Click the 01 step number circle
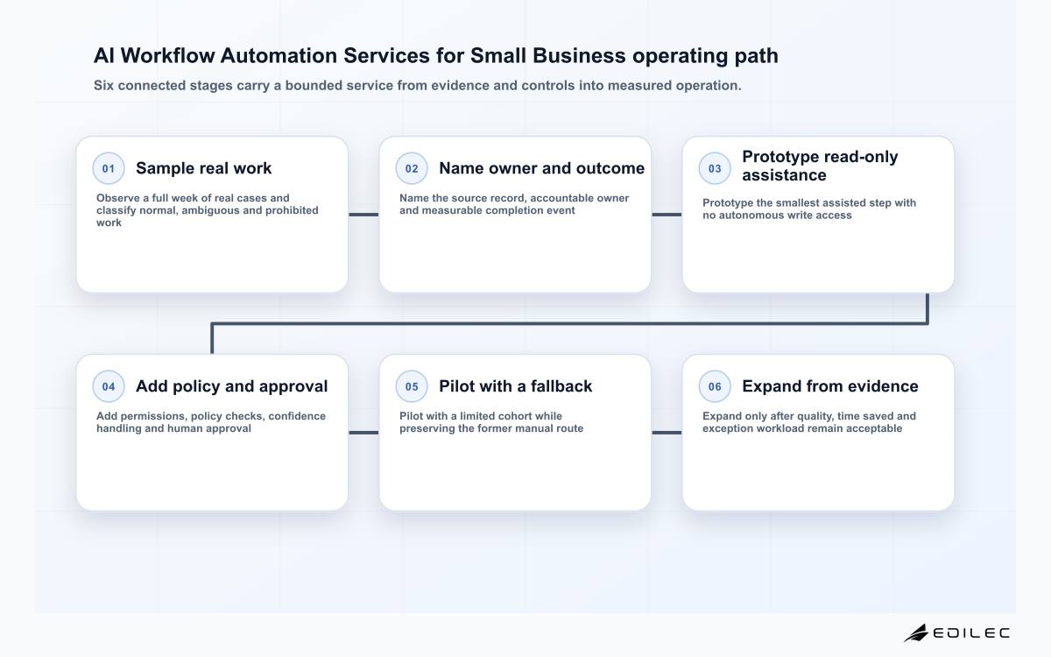pos(109,168)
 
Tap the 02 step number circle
pos(412,168)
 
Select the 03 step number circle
pos(715,168)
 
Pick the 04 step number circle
pos(109,386)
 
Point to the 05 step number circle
pos(412,386)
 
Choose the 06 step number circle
pos(715,386)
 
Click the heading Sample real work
pos(203,168)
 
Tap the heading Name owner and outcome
pos(542,168)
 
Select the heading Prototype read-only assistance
pos(820,166)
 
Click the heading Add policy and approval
pos(232,386)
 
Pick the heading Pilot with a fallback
pos(515,386)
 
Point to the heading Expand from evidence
pos(830,386)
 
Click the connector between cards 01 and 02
pos(363,215)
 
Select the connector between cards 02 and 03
pos(667,215)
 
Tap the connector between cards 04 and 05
pos(363,433)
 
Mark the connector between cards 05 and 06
pos(667,433)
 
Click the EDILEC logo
pos(956,633)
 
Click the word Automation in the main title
pos(279,55)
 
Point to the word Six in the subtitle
pos(103,86)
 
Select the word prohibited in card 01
pos(292,210)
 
